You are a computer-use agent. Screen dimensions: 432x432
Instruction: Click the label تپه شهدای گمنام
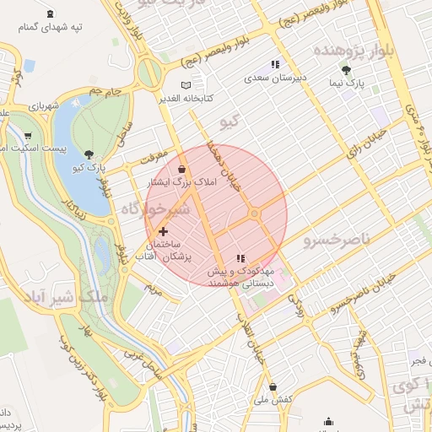(x=52, y=27)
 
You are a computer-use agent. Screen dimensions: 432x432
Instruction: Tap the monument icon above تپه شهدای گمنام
(x=52, y=13)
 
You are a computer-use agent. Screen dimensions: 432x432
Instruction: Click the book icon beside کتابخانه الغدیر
(x=186, y=85)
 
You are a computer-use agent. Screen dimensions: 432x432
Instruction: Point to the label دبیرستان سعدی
(x=275, y=78)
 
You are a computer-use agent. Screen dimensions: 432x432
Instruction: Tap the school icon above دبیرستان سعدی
(x=275, y=64)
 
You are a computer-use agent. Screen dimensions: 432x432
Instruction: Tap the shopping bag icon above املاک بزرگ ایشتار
(x=182, y=169)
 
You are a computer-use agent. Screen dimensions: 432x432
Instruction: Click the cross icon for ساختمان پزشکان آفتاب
(x=163, y=230)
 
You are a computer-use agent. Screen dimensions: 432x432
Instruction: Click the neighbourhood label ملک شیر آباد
(x=63, y=297)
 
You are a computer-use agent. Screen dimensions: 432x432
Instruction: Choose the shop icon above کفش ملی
(x=273, y=386)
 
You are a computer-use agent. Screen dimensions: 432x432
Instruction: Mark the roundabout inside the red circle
(x=254, y=213)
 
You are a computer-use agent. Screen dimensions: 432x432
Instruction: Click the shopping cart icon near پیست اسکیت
(x=28, y=135)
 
